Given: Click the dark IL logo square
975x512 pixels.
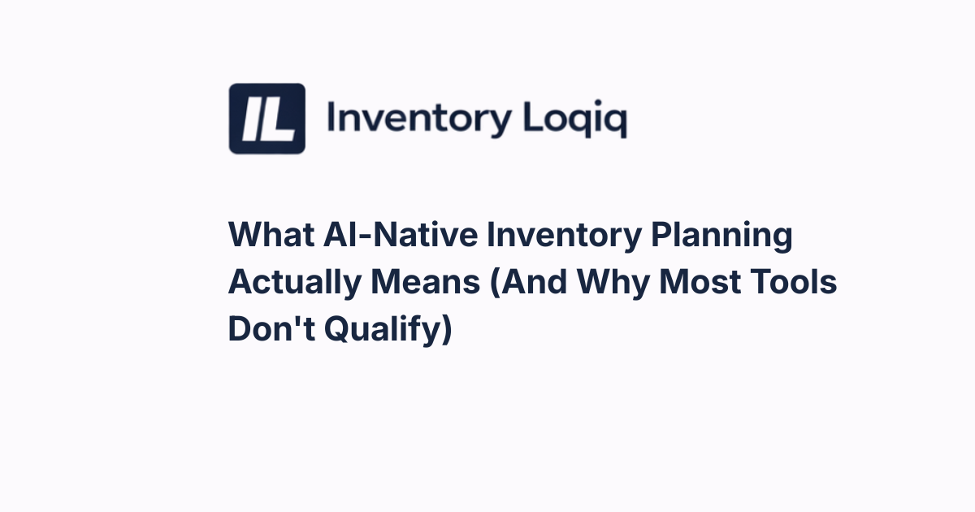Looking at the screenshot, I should point(266,119).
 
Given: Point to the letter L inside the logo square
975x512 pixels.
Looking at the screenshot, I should point(278,119).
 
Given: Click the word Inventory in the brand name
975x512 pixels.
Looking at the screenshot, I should point(418,119).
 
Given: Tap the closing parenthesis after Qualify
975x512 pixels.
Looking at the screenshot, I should point(444,331).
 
